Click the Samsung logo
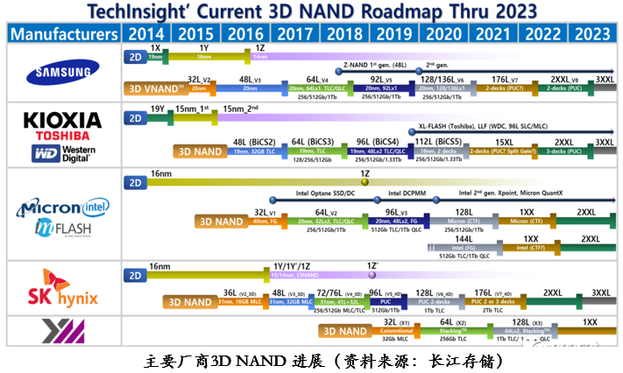click(x=63, y=74)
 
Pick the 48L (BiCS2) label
click(x=255, y=142)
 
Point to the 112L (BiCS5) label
click(x=435, y=142)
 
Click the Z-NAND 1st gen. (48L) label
click(x=374, y=64)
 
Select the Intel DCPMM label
click(x=407, y=193)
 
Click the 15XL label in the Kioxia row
click(x=505, y=142)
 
